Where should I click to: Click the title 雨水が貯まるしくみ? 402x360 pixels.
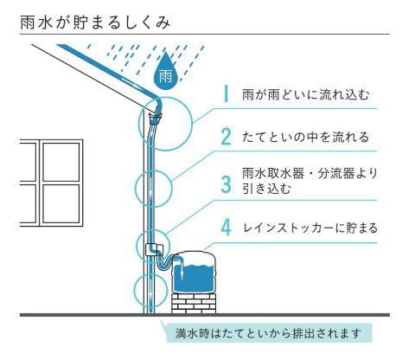[x=95, y=22]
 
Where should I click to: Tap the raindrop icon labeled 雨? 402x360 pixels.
[x=165, y=72]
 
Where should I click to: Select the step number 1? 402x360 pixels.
[x=227, y=93]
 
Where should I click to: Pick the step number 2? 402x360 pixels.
[x=227, y=137]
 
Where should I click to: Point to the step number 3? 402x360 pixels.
[x=227, y=184]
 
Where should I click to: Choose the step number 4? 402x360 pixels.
[x=227, y=228]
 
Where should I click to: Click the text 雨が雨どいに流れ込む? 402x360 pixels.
[x=305, y=94]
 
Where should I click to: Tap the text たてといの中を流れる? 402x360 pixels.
[x=305, y=137]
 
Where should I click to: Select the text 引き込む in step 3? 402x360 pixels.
[x=266, y=189]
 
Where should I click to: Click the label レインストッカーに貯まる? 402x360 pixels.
[x=310, y=228]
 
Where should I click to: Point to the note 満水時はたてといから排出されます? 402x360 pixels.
[x=268, y=333]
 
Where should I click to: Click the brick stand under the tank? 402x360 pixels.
[x=194, y=304]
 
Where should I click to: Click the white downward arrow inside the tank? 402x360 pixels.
[x=182, y=271]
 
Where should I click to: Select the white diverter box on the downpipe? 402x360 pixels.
[x=154, y=249]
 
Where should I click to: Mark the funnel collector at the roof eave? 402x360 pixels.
[x=156, y=119]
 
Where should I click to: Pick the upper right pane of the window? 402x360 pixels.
[x=61, y=162]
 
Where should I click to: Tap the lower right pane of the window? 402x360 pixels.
[x=61, y=203]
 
